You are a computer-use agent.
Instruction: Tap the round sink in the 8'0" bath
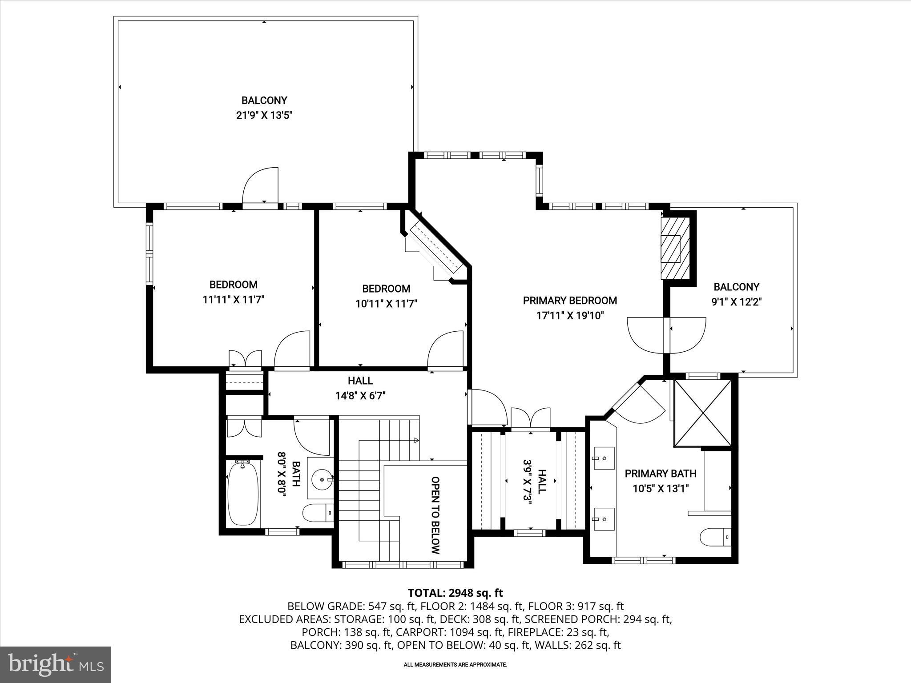click(321, 480)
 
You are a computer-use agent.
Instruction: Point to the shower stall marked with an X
click(703, 413)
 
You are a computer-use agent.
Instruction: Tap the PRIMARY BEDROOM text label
click(570, 301)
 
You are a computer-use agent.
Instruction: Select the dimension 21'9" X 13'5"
click(264, 116)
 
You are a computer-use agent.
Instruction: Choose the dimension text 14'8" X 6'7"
click(360, 396)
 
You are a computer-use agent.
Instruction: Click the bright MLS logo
click(56, 664)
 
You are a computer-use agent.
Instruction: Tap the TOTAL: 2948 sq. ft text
click(455, 593)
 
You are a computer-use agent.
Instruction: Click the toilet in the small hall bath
click(318, 513)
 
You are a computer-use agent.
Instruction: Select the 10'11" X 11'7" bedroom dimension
click(386, 304)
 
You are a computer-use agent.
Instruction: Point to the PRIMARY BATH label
click(660, 474)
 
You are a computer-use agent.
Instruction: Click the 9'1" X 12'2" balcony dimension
click(736, 302)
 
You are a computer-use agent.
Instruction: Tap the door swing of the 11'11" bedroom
click(292, 350)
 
